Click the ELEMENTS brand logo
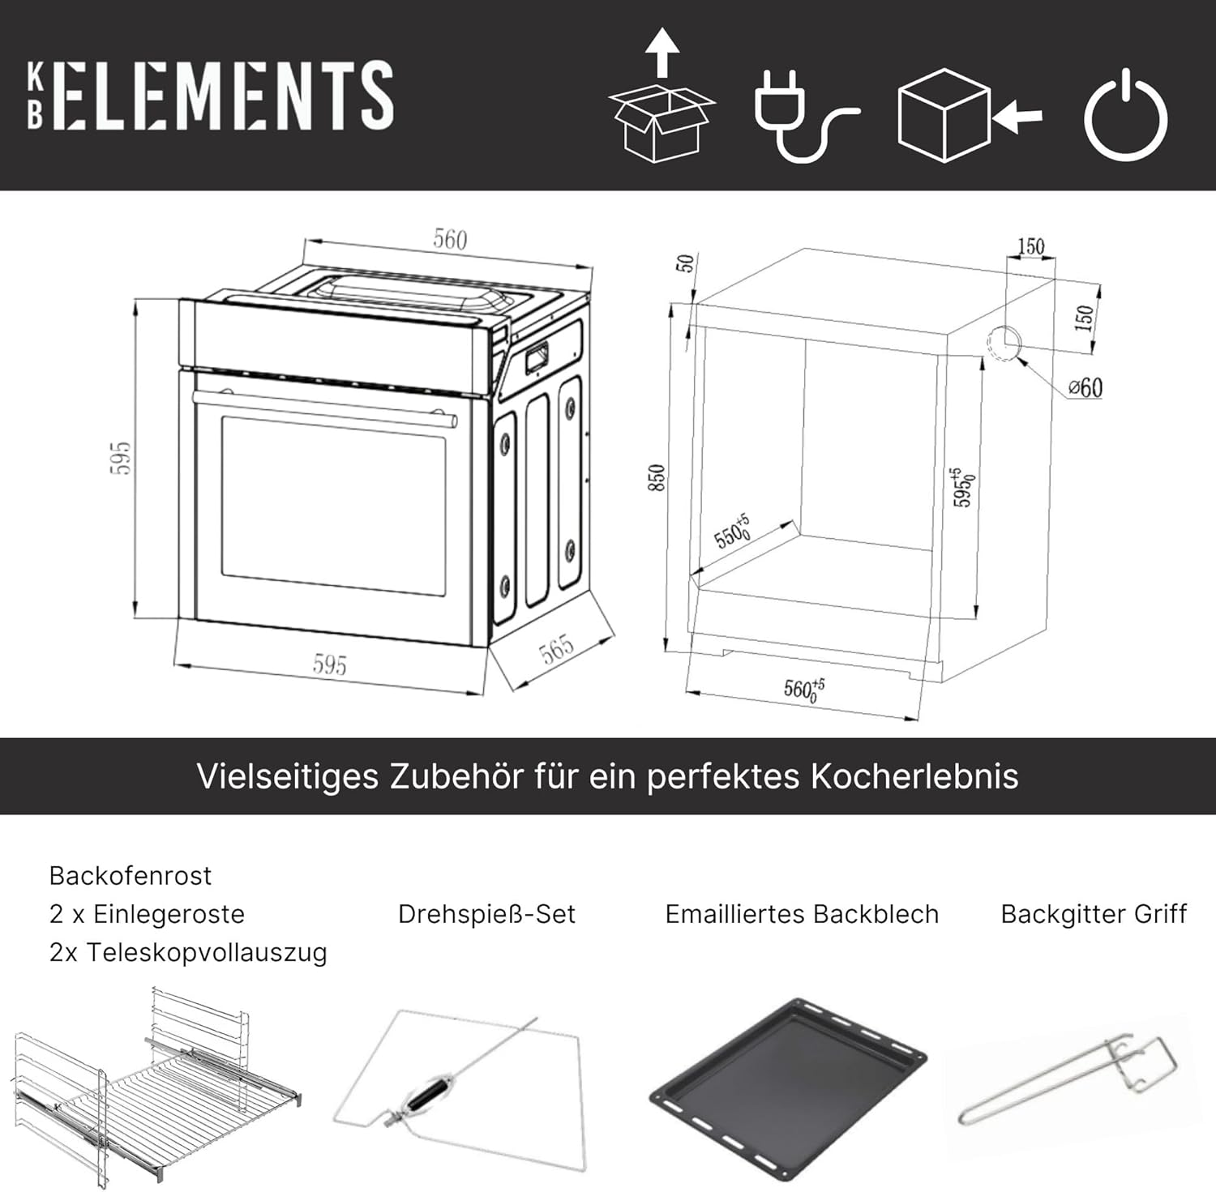click(211, 95)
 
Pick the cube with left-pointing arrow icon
click(970, 115)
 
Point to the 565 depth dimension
click(557, 649)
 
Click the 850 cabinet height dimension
click(657, 477)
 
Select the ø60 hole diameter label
click(1085, 387)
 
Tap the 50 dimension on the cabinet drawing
click(686, 263)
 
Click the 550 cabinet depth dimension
click(732, 532)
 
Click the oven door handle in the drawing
click(324, 408)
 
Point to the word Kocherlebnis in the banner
click(914, 776)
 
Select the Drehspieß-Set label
click(486, 914)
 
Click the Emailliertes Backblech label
click(802, 914)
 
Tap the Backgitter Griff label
click(1094, 914)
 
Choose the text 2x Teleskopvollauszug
click(188, 952)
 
